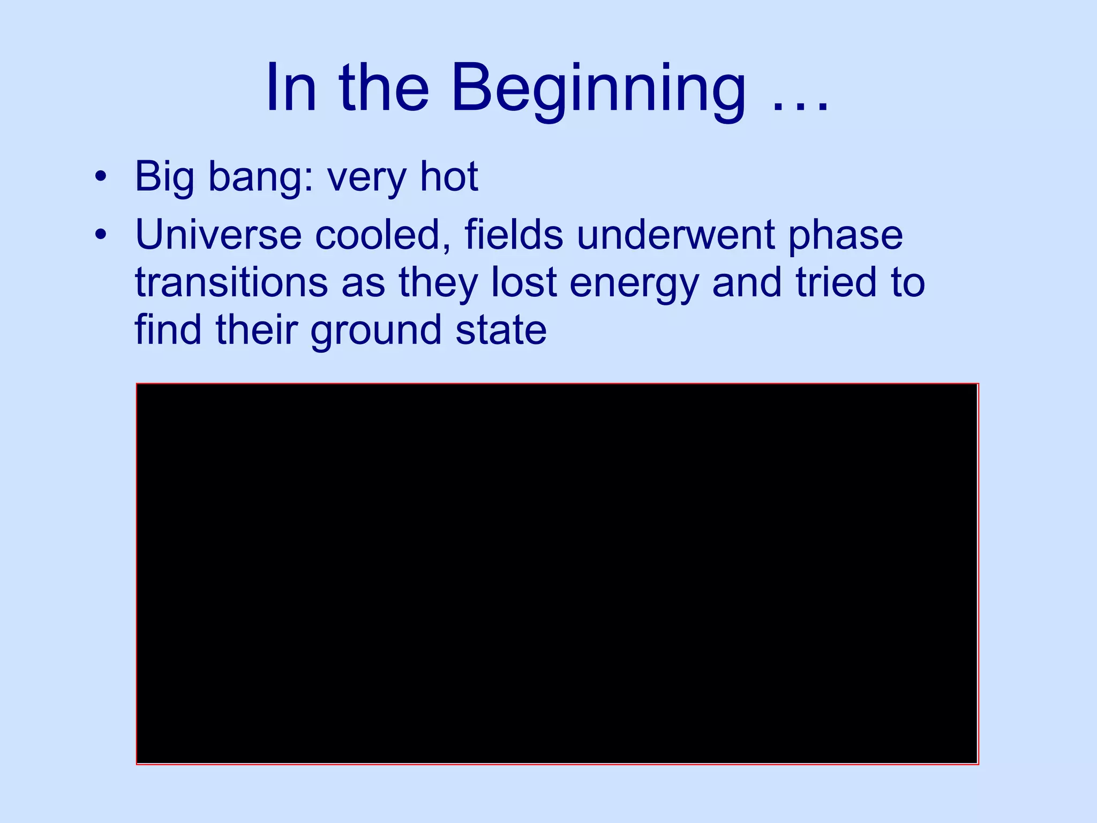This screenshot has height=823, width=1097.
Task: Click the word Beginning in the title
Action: (598, 88)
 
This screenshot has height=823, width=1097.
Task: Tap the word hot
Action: (449, 177)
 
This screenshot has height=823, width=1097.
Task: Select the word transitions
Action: (231, 282)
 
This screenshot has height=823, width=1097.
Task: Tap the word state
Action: (501, 331)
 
